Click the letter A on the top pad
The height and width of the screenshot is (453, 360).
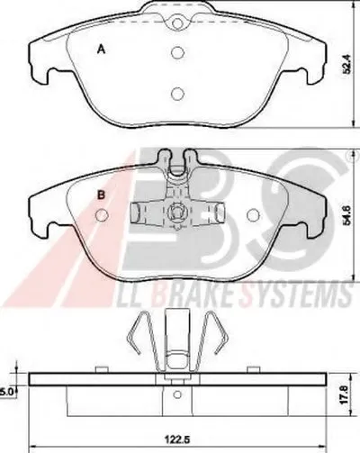coord(102,49)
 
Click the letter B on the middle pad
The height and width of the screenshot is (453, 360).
coord(102,195)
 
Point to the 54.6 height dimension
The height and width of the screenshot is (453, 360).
coord(347,215)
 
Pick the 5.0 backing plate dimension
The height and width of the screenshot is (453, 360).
coord(6,392)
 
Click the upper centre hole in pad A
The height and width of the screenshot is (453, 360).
coord(177,53)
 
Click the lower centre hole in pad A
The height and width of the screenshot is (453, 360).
coord(177,94)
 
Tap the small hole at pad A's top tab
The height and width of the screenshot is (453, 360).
coord(177,23)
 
